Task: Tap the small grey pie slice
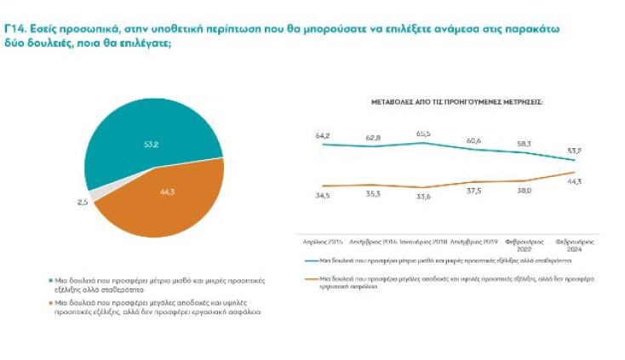(x=97, y=194)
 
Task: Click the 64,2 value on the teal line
(x=322, y=136)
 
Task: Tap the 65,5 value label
(x=423, y=134)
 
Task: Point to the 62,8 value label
(x=373, y=138)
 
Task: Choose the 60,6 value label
(x=473, y=140)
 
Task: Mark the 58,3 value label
(x=524, y=144)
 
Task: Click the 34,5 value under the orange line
(x=322, y=196)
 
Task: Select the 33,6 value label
(x=423, y=197)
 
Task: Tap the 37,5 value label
(x=473, y=191)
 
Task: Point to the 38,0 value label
(x=524, y=191)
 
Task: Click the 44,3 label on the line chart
(x=574, y=182)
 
